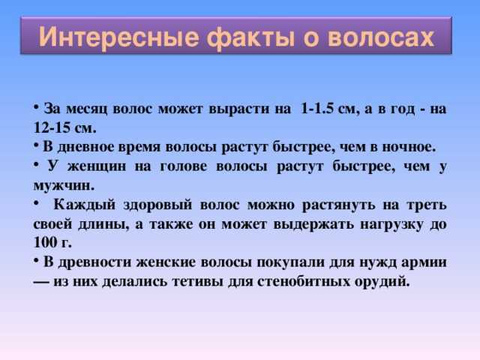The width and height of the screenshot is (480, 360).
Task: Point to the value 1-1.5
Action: tap(317, 108)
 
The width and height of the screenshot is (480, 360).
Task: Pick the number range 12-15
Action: tap(52, 127)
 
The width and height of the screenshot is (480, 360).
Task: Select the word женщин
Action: tap(97, 166)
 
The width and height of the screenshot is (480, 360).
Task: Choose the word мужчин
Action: tap(64, 186)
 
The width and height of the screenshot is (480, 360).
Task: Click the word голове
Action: tap(183, 166)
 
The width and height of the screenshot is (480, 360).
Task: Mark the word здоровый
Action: tap(157, 205)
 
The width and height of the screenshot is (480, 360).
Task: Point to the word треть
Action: tap(427, 205)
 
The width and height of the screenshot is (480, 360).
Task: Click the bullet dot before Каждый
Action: tap(36, 202)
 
